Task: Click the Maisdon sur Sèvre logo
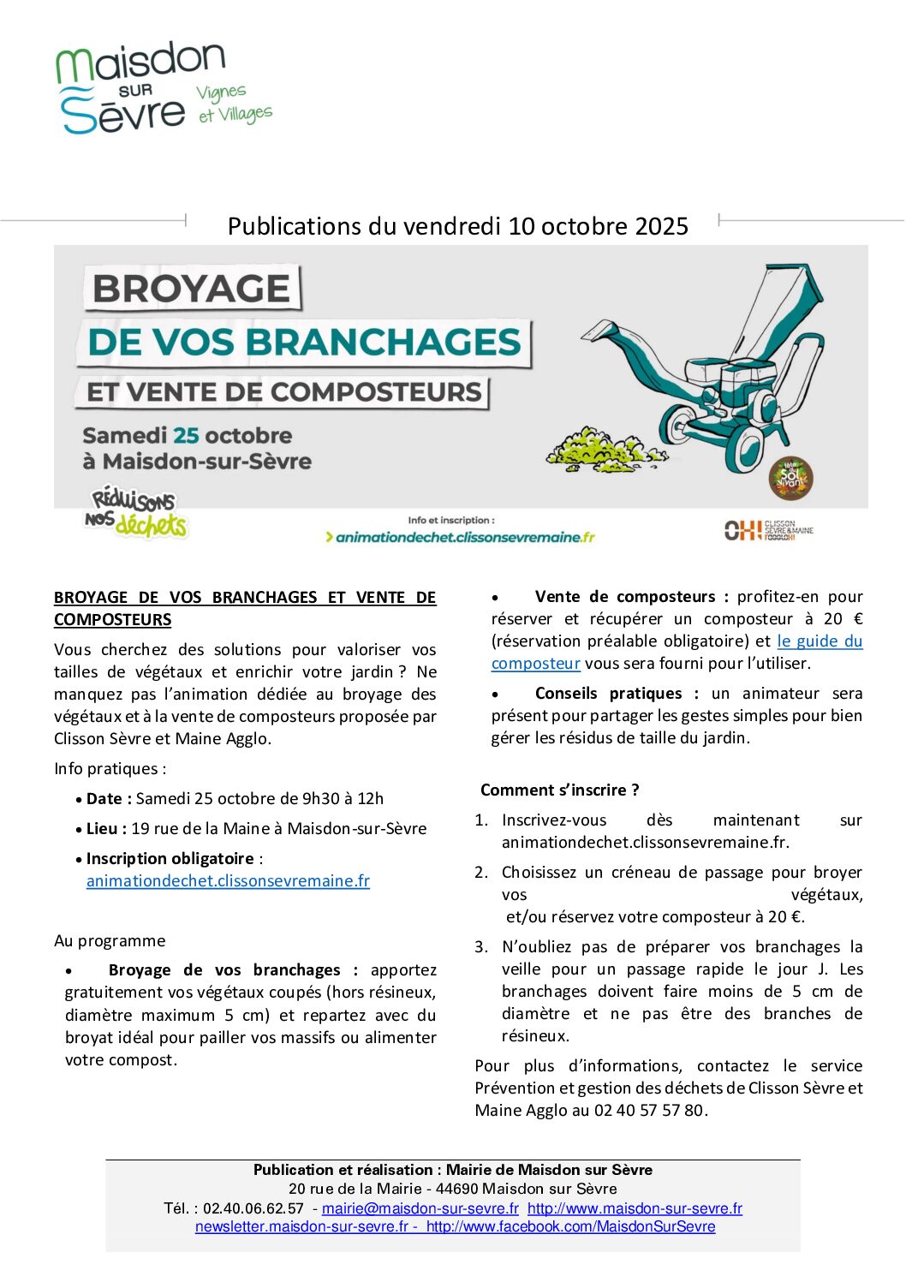[162, 87]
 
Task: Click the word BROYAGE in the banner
[191, 289]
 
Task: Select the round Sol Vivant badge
[790, 478]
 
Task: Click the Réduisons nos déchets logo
[135, 512]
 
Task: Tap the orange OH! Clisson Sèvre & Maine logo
[767, 531]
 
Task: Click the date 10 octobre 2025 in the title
[598, 226]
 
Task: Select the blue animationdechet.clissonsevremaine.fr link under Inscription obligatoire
[228, 880]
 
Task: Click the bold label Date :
[109, 798]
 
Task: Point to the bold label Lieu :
[106, 828]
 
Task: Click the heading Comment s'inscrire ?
[559, 790]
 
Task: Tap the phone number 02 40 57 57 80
[649, 1110]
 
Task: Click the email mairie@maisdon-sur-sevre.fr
[420, 1208]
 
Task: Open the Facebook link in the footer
[570, 1226]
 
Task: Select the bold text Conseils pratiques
[608, 693]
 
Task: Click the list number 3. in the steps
[481, 946]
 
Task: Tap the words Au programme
[110, 940]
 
